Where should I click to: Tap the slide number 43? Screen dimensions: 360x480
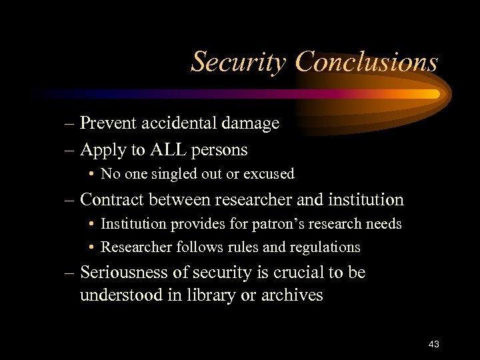(433, 344)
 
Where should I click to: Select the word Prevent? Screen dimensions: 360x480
(106, 123)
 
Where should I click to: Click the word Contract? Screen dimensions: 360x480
(110, 199)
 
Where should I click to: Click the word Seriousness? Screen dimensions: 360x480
(128, 273)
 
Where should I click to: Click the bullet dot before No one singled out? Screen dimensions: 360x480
(91, 175)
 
